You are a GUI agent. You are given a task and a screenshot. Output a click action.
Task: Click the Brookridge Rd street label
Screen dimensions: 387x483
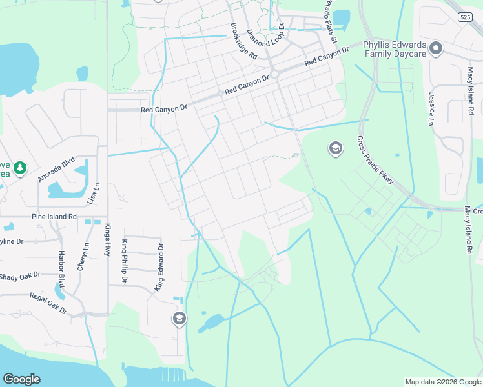(244, 42)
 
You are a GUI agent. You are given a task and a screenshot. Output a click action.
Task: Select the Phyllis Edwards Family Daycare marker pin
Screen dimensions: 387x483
(436, 48)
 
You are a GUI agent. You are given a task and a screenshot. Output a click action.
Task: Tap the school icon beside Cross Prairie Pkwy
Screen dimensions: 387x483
(335, 149)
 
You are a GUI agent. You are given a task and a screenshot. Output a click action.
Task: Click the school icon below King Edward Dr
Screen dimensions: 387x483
(180, 318)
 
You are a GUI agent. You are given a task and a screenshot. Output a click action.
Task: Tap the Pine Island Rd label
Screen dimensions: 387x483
(54, 217)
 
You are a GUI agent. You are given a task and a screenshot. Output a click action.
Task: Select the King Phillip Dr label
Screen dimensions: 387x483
(125, 261)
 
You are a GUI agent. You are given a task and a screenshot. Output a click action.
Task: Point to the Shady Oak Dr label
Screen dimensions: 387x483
(19, 276)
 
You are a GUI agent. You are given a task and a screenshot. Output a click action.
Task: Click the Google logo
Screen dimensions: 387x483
(22, 379)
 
